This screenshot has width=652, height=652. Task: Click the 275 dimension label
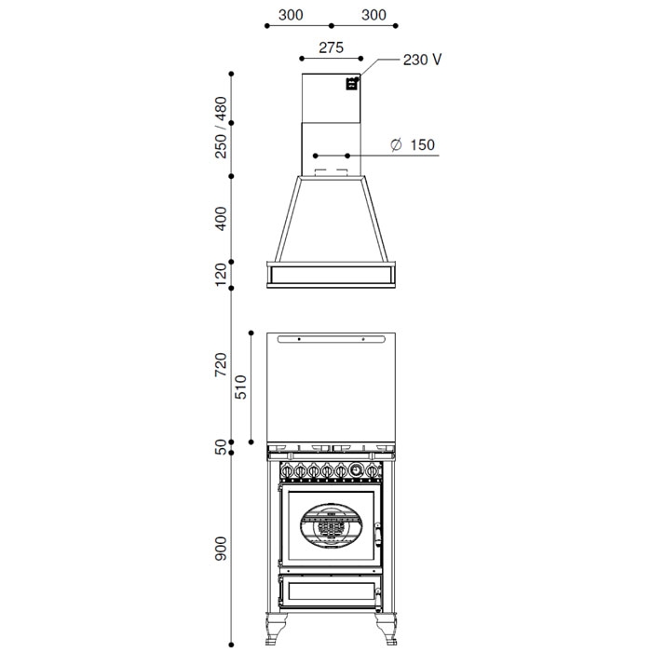coord(331,48)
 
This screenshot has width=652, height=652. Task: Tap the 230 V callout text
coord(422,60)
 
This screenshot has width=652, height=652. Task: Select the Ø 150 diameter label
coord(413,144)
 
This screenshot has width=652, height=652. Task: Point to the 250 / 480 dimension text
coord(221,128)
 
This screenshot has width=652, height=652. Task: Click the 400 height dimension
coord(221,218)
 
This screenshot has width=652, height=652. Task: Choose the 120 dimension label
coord(221,275)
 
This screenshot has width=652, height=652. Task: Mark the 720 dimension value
coord(221,365)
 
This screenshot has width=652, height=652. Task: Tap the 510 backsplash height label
coord(240,387)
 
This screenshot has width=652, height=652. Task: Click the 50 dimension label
coord(221,447)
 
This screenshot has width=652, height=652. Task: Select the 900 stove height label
coord(221,549)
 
